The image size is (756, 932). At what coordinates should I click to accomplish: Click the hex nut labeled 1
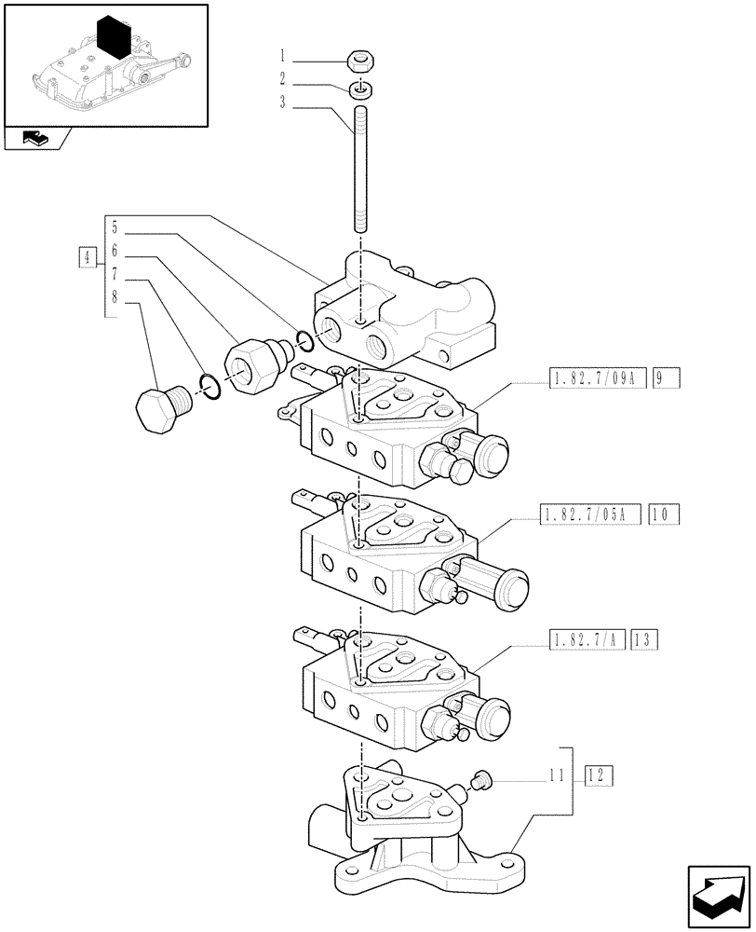pyautogui.click(x=359, y=62)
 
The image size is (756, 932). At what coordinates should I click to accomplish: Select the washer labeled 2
pyautogui.click(x=359, y=89)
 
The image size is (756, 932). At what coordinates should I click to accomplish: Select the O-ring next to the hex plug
pyautogui.click(x=210, y=386)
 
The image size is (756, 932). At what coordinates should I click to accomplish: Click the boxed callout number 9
pyautogui.click(x=667, y=379)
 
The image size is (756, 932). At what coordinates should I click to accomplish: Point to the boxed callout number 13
pyautogui.click(x=644, y=639)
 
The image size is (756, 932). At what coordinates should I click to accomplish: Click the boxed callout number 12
pyautogui.click(x=599, y=775)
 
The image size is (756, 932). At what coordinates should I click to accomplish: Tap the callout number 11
pyautogui.click(x=557, y=775)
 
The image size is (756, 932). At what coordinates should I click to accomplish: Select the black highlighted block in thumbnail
pyautogui.click(x=111, y=39)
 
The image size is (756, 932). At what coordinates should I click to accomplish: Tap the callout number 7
pyautogui.click(x=114, y=275)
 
